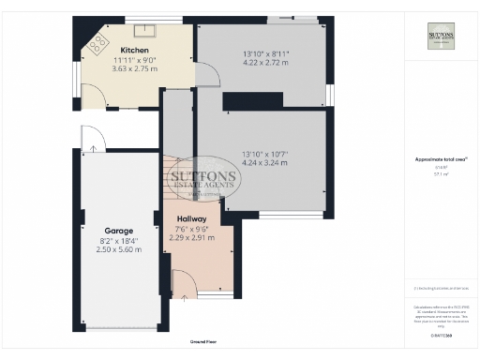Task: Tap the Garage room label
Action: pyautogui.click(x=119, y=231)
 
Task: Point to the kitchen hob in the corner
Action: pyautogui.click(x=97, y=41)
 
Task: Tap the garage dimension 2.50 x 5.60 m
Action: pyautogui.click(x=119, y=249)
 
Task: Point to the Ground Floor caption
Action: pyautogui.click(x=203, y=341)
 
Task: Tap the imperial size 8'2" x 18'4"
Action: pyautogui.click(x=119, y=240)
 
